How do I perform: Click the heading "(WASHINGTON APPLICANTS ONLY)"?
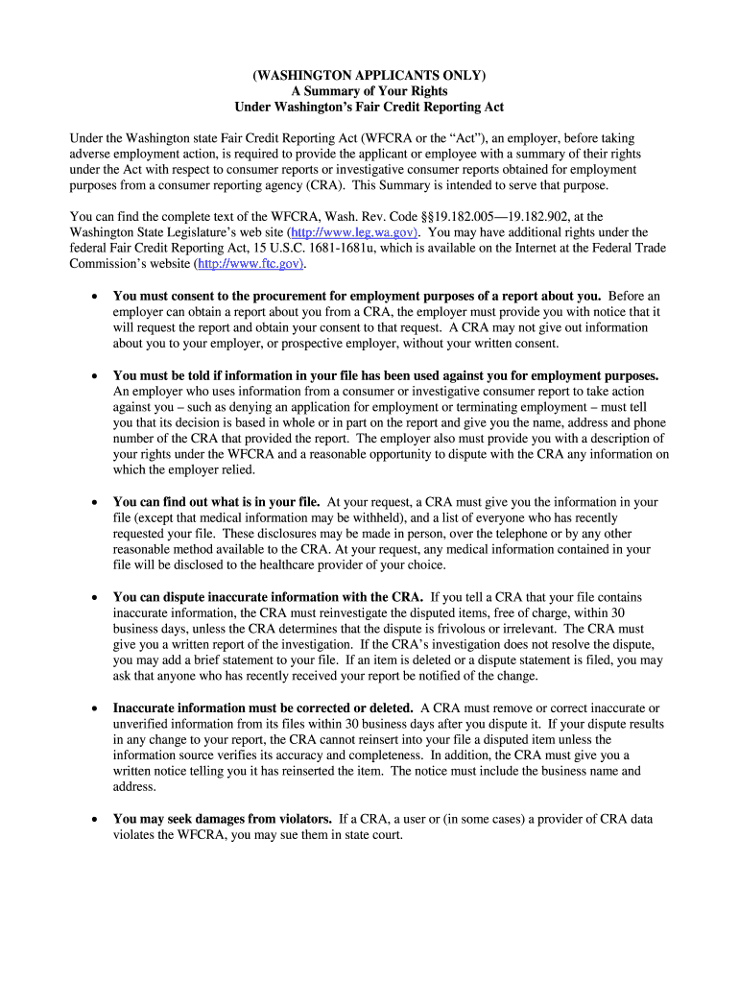(x=369, y=75)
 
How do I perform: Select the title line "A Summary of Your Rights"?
(x=369, y=91)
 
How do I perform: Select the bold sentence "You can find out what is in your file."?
(x=217, y=502)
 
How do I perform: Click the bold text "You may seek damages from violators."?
(x=223, y=819)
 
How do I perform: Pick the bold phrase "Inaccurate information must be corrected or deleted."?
(x=263, y=708)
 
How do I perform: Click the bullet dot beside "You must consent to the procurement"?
(x=93, y=297)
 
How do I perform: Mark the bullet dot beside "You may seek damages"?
(x=93, y=820)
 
